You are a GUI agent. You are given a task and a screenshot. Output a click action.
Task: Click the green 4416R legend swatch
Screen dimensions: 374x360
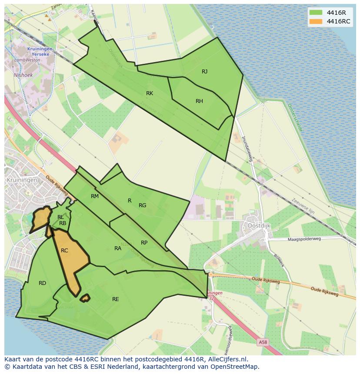click(316, 13)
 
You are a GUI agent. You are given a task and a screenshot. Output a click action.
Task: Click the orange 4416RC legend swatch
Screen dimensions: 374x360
click(316, 21)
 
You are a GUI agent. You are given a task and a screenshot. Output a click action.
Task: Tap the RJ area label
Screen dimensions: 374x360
click(204, 72)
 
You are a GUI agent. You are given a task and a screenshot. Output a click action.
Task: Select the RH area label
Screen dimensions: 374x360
click(199, 101)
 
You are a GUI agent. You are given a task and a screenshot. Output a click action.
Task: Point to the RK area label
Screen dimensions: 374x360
click(150, 93)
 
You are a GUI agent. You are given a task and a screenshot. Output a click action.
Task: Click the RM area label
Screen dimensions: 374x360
click(95, 196)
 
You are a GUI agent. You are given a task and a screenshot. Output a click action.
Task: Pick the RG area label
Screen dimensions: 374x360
click(142, 205)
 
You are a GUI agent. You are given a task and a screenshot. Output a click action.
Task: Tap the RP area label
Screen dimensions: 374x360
click(144, 243)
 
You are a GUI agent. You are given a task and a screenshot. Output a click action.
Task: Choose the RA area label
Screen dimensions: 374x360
click(118, 248)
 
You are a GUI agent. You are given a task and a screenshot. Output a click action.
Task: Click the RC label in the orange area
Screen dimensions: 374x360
click(64, 251)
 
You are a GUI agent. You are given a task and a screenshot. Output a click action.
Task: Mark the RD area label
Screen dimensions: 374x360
click(42, 283)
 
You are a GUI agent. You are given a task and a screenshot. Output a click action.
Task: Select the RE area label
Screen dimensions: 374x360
click(115, 299)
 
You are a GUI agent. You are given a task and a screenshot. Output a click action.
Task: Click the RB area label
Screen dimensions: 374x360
click(63, 223)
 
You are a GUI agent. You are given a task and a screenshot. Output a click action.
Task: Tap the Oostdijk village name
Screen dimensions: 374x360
click(259, 226)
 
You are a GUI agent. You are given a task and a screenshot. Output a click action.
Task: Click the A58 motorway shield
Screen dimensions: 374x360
click(263, 342)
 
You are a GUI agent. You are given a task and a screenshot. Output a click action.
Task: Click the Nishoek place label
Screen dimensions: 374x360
click(23, 75)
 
